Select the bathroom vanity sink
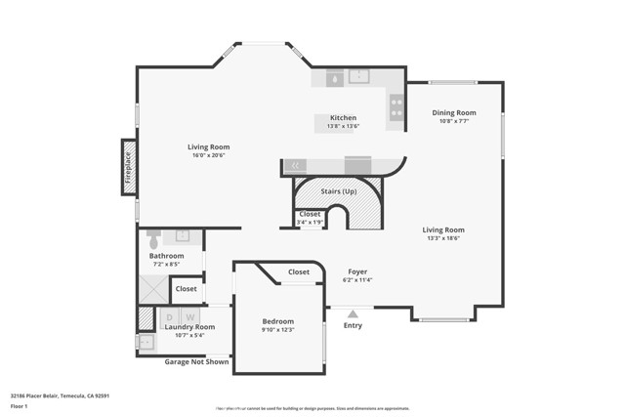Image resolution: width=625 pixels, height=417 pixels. pyautogui.click(x=182, y=236)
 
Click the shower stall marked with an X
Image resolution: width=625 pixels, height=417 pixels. pyautogui.click(x=153, y=287)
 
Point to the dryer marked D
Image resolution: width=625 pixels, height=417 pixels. pyautogui.click(x=169, y=316)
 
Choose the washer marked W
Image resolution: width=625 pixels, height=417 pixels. pyautogui.click(x=190, y=316)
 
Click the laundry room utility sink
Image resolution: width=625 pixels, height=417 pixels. pyautogui.click(x=146, y=342)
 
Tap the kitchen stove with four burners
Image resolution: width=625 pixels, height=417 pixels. pyautogui.click(x=396, y=106)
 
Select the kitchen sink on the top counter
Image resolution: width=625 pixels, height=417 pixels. pyautogui.click(x=357, y=76)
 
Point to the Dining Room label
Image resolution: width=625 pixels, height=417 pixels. pyautogui.click(x=454, y=112)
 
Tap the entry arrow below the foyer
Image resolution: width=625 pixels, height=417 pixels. pyautogui.click(x=353, y=313)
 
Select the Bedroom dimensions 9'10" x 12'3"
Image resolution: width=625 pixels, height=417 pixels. pyautogui.click(x=277, y=330)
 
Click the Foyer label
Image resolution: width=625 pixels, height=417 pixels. pyautogui.click(x=357, y=271)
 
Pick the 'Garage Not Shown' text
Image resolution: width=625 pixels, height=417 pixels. pyautogui.click(x=196, y=361)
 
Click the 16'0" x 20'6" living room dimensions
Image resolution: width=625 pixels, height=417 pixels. pyautogui.click(x=209, y=155)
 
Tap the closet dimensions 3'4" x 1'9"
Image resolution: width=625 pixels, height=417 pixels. pyautogui.click(x=310, y=223)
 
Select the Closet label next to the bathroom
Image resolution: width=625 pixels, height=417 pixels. pyautogui.click(x=186, y=289)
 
